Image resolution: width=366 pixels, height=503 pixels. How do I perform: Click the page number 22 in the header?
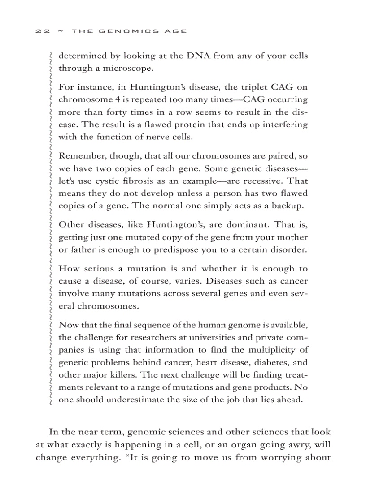pos(43,31)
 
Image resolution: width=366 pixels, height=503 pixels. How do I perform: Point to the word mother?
pos(292,237)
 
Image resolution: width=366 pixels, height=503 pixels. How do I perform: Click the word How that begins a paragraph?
pos(69,269)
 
